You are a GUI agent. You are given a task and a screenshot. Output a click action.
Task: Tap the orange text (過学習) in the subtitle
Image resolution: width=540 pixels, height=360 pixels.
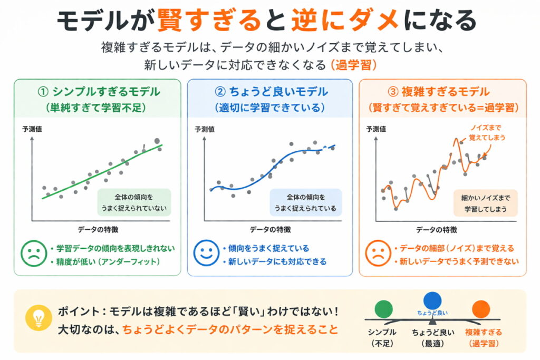[353, 65]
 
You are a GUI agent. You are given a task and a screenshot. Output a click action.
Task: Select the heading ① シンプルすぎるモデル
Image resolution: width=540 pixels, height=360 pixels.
[99, 91]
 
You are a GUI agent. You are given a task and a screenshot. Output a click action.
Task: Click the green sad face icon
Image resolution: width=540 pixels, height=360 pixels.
[33, 254]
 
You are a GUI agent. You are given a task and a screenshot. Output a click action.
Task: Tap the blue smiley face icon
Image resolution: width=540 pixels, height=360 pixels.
[206, 254]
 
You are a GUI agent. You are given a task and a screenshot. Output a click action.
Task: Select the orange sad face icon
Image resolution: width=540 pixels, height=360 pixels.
[378, 254]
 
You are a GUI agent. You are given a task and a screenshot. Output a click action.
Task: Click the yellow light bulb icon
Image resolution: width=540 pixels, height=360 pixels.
[38, 319]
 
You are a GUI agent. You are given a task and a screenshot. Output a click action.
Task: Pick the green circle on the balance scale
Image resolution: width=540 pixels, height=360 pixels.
[383, 310]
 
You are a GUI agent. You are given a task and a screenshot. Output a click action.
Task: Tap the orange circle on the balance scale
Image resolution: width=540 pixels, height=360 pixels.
[480, 310]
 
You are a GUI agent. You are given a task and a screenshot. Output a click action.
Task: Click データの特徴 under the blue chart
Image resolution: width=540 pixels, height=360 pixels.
[270, 229]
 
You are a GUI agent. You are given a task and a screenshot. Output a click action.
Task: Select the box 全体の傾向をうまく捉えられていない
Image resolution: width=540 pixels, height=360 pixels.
[134, 202]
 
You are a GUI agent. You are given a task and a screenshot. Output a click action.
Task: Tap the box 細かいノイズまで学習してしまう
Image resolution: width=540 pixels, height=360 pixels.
[485, 203]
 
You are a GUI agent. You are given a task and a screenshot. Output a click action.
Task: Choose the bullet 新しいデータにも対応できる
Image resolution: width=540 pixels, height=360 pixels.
[274, 261]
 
